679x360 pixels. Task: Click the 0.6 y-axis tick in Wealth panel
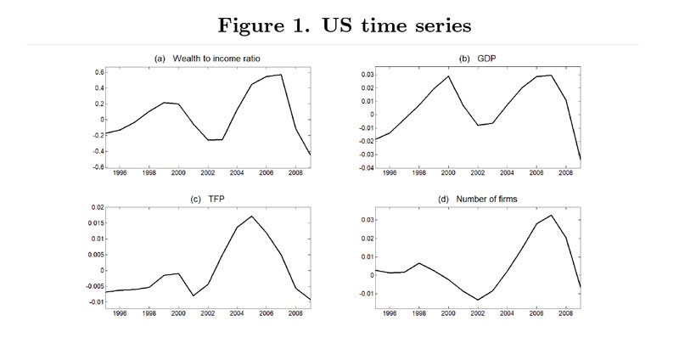(98, 72)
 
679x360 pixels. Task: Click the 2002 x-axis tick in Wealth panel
(211, 173)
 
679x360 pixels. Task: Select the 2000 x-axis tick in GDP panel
(449, 173)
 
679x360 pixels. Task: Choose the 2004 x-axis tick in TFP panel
(244, 312)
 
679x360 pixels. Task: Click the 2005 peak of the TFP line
(252, 217)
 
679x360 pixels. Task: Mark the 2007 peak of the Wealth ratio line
(282, 75)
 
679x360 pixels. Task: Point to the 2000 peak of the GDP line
(449, 76)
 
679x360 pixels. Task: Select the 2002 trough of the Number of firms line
(479, 300)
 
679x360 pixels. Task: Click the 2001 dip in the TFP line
(194, 295)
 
